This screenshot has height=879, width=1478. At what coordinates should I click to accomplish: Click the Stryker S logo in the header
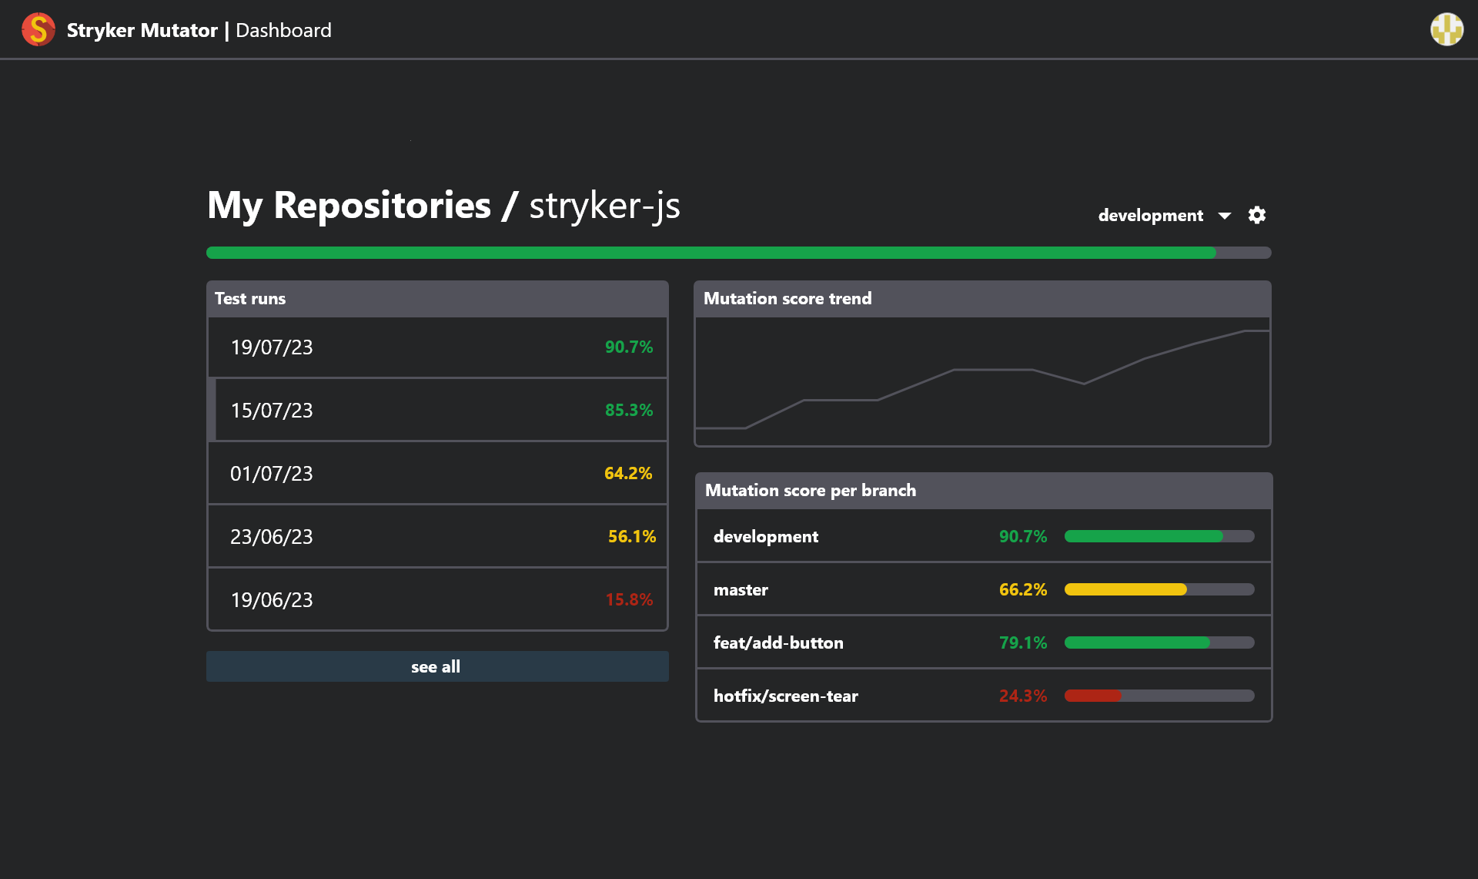(38, 30)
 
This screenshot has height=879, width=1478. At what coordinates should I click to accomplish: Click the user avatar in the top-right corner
(1446, 30)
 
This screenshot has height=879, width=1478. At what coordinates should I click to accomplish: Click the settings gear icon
(1256, 215)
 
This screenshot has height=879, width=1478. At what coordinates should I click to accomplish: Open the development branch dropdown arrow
(1224, 216)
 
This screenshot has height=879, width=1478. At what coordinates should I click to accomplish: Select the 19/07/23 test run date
(271, 347)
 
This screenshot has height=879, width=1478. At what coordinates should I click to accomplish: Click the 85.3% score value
(628, 411)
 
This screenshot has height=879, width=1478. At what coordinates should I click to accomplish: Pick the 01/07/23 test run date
(271, 474)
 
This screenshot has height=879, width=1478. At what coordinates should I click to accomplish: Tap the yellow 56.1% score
(631, 537)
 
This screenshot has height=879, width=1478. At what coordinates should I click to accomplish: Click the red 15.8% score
(628, 600)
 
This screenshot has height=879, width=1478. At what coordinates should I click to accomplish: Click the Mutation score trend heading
(787, 299)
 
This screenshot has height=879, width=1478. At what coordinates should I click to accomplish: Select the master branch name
(740, 590)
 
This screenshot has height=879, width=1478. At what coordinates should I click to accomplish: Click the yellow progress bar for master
(1125, 589)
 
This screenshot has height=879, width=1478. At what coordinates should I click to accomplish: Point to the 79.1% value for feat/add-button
(1022, 643)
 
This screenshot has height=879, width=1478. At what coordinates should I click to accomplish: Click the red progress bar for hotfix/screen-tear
(1092, 696)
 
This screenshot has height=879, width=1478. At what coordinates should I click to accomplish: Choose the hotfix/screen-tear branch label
(785, 696)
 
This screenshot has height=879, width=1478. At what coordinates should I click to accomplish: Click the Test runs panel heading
(249, 299)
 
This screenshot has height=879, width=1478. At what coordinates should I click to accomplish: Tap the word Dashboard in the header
(283, 31)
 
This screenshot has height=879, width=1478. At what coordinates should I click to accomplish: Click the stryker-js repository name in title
(604, 206)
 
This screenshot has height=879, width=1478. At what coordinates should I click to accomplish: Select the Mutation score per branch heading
(810, 491)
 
